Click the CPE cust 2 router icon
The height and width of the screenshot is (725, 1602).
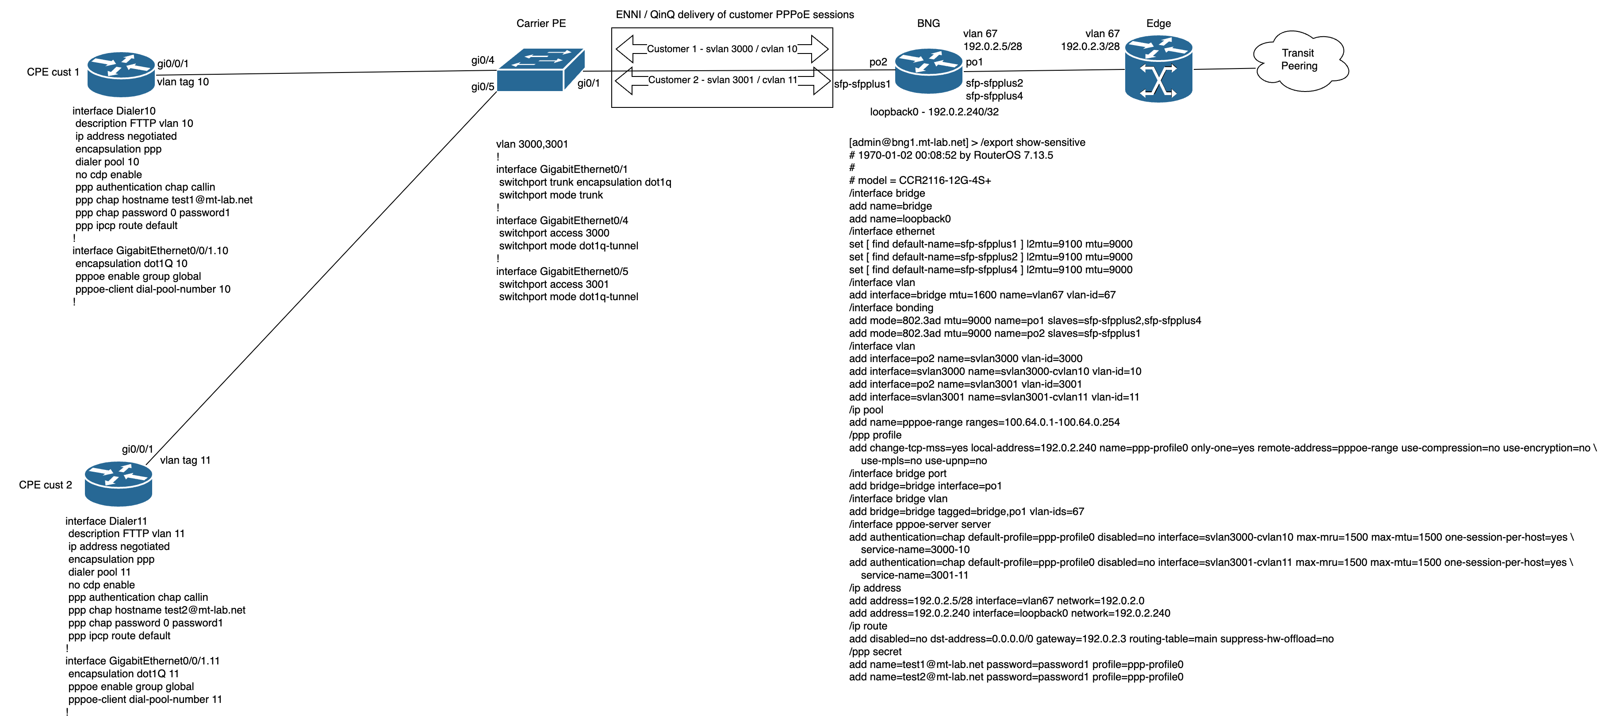pos(118,484)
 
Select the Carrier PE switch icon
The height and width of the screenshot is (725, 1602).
pos(540,70)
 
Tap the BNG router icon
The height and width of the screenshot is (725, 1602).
pos(928,71)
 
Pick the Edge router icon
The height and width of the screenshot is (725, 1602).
pos(1158,69)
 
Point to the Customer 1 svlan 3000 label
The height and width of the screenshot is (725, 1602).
pos(721,49)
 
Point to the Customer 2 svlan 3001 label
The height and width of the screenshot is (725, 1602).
pos(722,80)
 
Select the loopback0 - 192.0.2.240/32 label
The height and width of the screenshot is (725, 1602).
pos(934,112)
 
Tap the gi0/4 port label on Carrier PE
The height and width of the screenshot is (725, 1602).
pos(483,60)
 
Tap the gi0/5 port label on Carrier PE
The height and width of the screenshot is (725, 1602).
pos(483,87)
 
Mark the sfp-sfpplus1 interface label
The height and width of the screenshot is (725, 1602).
pos(862,84)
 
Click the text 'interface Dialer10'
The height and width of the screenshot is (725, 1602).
pos(114,111)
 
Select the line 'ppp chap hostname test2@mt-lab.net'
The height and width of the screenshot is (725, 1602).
pos(157,610)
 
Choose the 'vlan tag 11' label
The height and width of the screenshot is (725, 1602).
pos(185,460)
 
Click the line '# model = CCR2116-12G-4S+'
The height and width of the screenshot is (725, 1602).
pos(920,180)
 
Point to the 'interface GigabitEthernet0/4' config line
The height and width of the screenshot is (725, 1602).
pos(562,220)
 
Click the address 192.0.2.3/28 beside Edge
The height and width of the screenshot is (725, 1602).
pos(1089,46)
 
